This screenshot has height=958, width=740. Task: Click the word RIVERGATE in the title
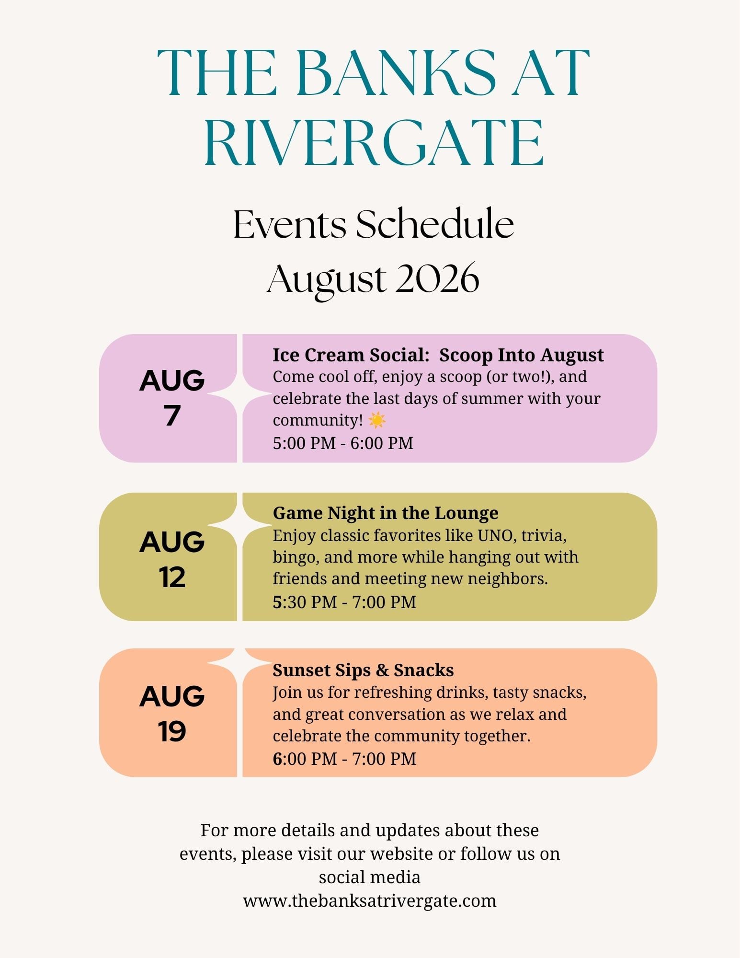[x=374, y=143]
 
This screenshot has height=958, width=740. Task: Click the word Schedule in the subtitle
[x=435, y=224]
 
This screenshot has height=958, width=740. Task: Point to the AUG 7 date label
[x=172, y=397]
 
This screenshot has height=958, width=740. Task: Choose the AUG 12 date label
[x=172, y=559]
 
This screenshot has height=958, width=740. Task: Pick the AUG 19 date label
[x=172, y=713]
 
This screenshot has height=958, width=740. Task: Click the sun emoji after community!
[x=377, y=420]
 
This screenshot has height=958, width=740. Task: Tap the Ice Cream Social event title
[x=438, y=355]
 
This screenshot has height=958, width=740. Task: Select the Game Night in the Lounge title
[x=386, y=513]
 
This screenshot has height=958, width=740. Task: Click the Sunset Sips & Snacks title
[x=363, y=670]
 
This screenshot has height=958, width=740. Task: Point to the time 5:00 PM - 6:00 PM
[x=343, y=443]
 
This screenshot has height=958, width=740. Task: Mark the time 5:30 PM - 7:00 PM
[x=344, y=602]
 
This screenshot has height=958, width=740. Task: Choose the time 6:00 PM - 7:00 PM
[x=344, y=759]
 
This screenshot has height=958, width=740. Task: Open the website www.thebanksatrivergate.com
[x=370, y=900]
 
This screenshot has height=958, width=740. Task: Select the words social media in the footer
[x=370, y=877]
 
